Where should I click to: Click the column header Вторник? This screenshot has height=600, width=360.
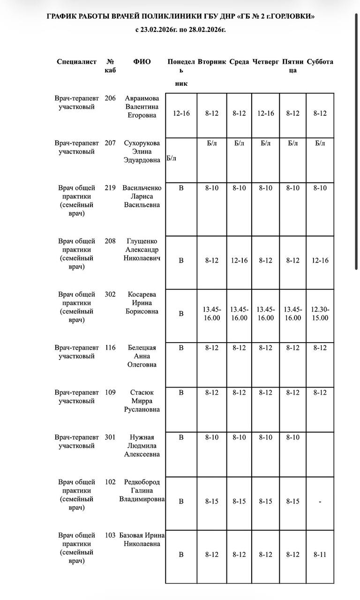pyautogui.click(x=212, y=62)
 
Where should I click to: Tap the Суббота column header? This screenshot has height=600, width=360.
pyautogui.click(x=320, y=62)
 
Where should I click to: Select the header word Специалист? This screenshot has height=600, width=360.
pyautogui.click(x=76, y=62)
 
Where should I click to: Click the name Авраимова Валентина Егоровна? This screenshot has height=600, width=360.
pyautogui.click(x=142, y=107)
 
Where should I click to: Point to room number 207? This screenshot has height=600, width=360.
pyautogui.click(x=110, y=143)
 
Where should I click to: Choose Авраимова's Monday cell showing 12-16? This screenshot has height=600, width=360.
pyautogui.click(x=181, y=113)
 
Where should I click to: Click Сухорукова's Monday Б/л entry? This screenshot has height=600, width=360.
pyautogui.click(x=172, y=158)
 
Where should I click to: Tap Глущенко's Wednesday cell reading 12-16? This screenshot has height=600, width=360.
pyautogui.click(x=239, y=261)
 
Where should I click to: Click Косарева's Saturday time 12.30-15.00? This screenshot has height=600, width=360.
pyautogui.click(x=320, y=314)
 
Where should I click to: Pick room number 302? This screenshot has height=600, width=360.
pyautogui.click(x=110, y=294)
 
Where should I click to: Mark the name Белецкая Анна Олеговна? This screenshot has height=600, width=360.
pyautogui.click(x=142, y=356)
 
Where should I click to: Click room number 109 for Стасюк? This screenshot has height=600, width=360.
pyautogui.click(x=110, y=392)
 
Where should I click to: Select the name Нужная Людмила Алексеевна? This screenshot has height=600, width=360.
pyautogui.click(x=142, y=446)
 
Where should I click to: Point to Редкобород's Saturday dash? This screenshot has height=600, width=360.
pyautogui.click(x=320, y=502)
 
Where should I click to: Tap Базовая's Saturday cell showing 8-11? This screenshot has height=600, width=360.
pyautogui.click(x=320, y=555)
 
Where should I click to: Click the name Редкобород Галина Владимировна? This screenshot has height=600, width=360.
pyautogui.click(x=142, y=490)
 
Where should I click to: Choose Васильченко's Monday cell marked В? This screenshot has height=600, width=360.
pyautogui.click(x=181, y=188)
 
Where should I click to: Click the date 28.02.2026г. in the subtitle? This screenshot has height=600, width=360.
pyautogui.click(x=207, y=30)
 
